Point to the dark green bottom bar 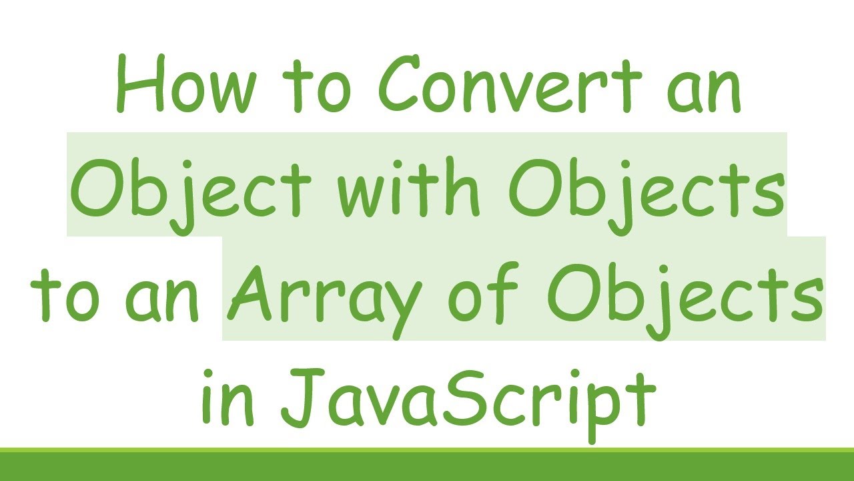coord(427,466)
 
